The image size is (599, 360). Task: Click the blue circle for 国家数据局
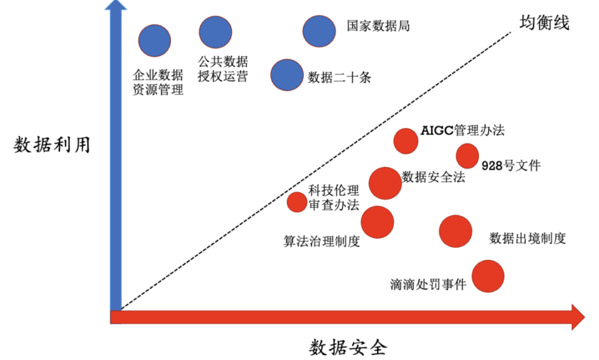[x=319, y=31]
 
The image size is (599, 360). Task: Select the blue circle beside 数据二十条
[x=287, y=75]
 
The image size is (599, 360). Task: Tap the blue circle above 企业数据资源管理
[x=155, y=40]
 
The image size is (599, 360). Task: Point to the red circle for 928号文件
[x=467, y=156]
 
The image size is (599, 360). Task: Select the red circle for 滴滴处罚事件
[x=488, y=276]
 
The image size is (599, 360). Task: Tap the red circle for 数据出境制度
[x=455, y=231]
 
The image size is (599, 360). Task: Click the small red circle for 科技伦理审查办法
[x=297, y=202]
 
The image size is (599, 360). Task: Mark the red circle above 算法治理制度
[x=377, y=221]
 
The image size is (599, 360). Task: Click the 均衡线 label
[x=544, y=23]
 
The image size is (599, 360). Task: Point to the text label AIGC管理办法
[x=463, y=131]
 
